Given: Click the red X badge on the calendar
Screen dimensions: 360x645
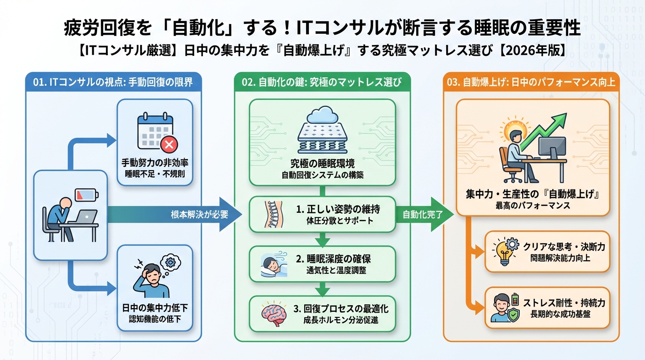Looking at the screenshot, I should (167, 145).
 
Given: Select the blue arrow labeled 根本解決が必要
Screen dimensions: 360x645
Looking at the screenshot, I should (197, 215).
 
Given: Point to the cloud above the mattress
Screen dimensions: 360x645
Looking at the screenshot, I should (322, 114).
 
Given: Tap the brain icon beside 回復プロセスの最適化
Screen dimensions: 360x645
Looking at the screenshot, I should (274, 314).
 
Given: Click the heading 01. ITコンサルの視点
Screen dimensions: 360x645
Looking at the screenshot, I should (113, 82).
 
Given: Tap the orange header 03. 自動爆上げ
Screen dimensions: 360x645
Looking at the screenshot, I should (531, 82).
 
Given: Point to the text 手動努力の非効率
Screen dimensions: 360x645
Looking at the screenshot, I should (154, 164).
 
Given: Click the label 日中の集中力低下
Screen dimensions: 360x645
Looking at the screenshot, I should (154, 309).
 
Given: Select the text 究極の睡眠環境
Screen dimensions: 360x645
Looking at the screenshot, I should (322, 164).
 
